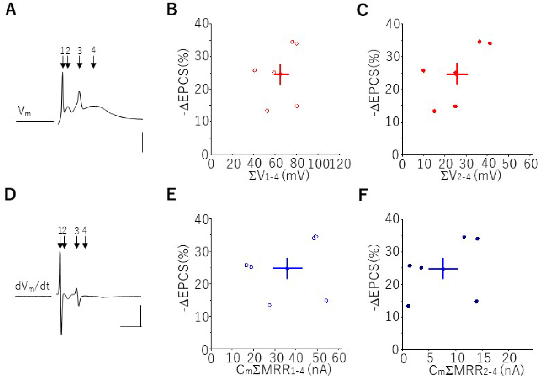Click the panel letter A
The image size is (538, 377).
[x=11, y=10]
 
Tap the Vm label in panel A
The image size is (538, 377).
[x=24, y=111]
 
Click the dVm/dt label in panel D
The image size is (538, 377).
[x=31, y=287]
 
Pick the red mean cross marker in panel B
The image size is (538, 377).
[x=280, y=74]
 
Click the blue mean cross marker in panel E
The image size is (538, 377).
[x=287, y=268]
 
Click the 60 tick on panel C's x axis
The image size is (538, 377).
[x=530, y=164]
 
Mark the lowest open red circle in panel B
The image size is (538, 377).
[x=267, y=110]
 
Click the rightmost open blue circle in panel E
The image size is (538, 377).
[x=326, y=301]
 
